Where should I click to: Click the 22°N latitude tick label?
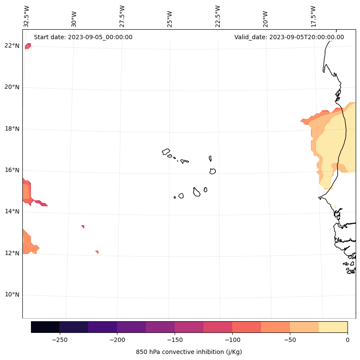12,46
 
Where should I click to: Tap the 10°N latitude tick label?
12,295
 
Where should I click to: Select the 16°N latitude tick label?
12,170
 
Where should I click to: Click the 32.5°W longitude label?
27,16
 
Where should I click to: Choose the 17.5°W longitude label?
313,16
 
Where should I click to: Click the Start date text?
83,37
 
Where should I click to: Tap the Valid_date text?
289,37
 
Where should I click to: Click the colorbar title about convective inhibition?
189,352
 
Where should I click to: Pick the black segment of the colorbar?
45,327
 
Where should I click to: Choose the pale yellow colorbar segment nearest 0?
333,327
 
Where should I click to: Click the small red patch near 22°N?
28,46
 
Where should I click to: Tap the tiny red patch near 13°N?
83,227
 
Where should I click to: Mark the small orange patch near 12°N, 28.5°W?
97,252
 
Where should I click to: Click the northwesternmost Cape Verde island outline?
166,152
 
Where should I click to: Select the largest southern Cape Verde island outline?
197,192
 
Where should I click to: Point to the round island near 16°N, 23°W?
212,171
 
